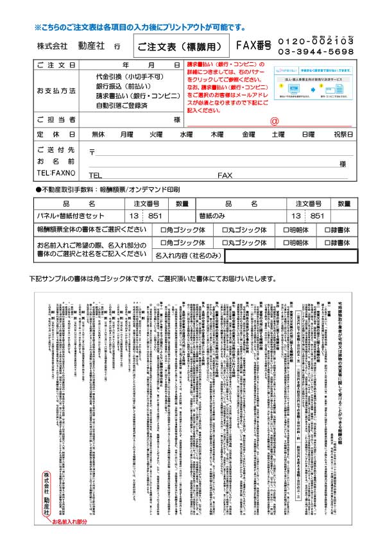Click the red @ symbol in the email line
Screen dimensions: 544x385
(274, 121)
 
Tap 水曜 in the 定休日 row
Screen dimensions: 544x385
(186, 135)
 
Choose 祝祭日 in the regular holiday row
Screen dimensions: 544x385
(343, 135)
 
